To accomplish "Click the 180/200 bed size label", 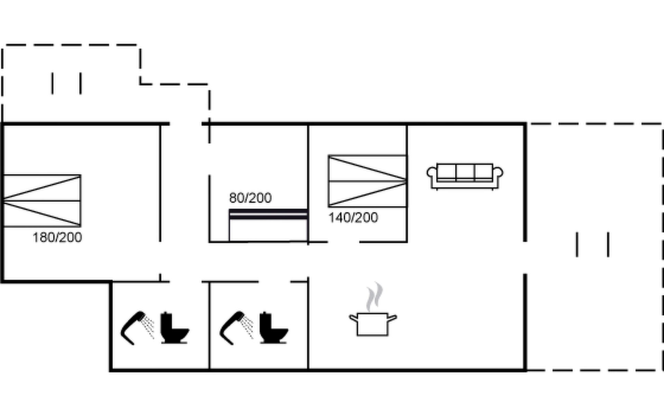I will [x=57, y=238].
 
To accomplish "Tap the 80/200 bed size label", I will [x=250, y=198].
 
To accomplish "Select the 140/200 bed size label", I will [x=353, y=218].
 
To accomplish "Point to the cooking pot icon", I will [x=372, y=324].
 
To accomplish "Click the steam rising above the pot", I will [x=375, y=297].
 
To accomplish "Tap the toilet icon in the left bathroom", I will [x=174, y=328].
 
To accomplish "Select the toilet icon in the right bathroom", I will [x=273, y=328].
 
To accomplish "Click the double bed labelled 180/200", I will [x=42, y=201].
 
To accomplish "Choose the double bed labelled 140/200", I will [x=367, y=181].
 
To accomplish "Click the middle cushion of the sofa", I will [x=465, y=172].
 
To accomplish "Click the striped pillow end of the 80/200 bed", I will [x=268, y=214].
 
